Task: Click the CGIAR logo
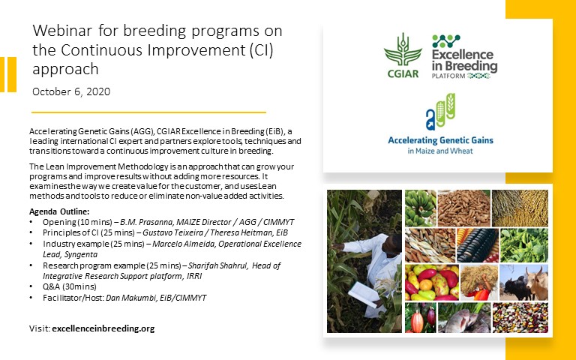tap(403, 55)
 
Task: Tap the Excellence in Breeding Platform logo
tap(464, 56)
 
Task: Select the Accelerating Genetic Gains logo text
tap(440, 145)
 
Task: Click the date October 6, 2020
tap(71, 91)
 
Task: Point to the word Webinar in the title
tap(62, 31)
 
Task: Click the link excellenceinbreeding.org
tap(103, 328)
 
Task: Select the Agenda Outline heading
tap(59, 211)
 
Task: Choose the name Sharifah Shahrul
tap(217, 265)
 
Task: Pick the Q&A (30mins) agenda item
tap(70, 286)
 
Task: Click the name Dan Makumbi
tap(130, 298)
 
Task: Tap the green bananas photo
tap(421, 208)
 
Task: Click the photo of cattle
tap(523, 282)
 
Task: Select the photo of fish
tap(464, 318)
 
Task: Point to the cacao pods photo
tap(421, 318)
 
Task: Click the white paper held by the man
tap(364, 294)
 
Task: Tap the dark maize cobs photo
tap(477, 245)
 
